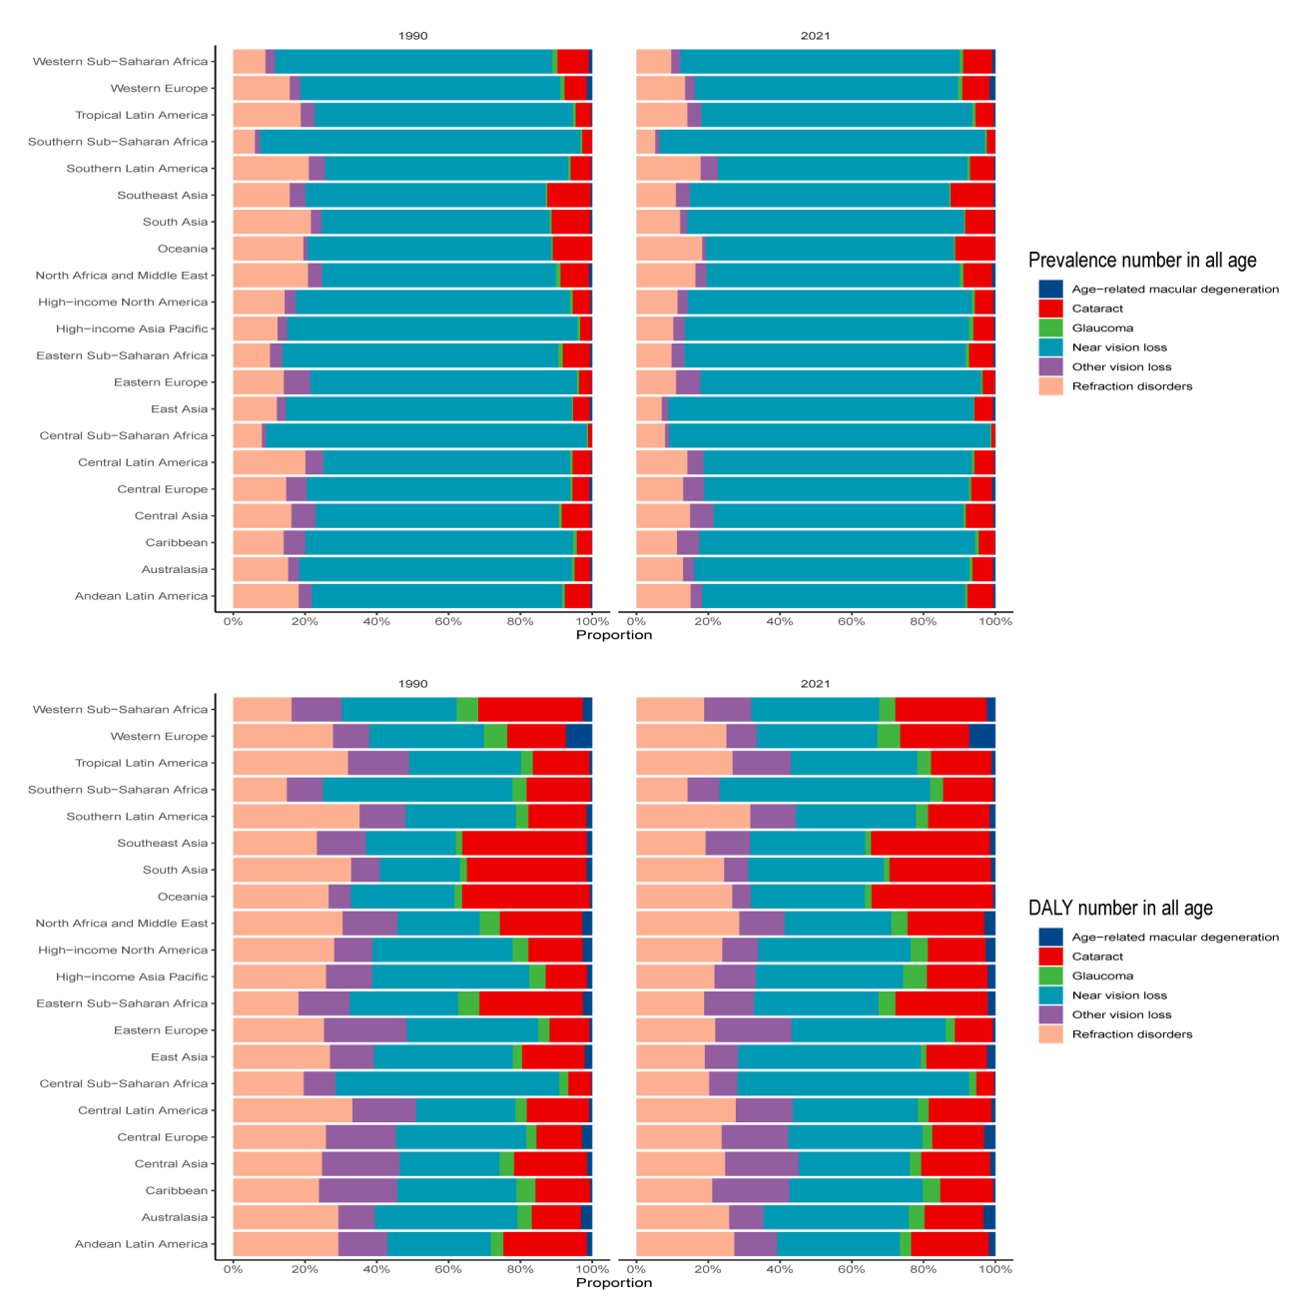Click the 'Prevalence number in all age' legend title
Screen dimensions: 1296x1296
pyautogui.click(x=1142, y=261)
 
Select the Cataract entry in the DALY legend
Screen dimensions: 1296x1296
pyautogui.click(x=1097, y=957)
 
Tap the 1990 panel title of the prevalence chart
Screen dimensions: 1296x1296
pyautogui.click(x=412, y=36)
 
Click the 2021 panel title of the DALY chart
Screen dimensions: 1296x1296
pyautogui.click(x=815, y=684)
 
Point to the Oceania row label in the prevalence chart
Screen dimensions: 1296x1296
pyautogui.click(x=183, y=249)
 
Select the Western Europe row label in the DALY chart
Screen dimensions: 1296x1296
pyautogui.click(x=159, y=736)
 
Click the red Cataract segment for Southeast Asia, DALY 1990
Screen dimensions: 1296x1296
pyautogui.click(x=524, y=843)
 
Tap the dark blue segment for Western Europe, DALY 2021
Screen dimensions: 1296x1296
pyautogui.click(x=982, y=736)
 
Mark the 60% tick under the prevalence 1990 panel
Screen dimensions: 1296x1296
pyautogui.click(x=448, y=622)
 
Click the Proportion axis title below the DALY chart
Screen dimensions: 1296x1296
pyautogui.click(x=613, y=1283)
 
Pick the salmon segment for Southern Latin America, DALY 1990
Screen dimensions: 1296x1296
pyautogui.click(x=296, y=816)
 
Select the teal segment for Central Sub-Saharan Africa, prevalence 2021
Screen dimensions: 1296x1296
pyautogui.click(x=829, y=435)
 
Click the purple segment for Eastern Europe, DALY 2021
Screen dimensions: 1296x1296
pyautogui.click(x=753, y=1030)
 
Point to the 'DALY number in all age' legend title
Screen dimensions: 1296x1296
pyautogui.click(x=1120, y=909)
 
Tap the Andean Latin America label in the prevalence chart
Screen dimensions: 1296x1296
pyautogui.click(x=141, y=596)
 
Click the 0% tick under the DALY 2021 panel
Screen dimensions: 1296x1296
pyautogui.click(x=636, y=1270)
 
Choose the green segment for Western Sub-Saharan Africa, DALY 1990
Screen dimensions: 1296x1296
pyautogui.click(x=467, y=709)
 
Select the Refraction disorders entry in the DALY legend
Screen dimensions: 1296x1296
pyautogui.click(x=1131, y=1034)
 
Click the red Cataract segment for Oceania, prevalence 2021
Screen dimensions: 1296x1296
pyautogui.click(x=974, y=249)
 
